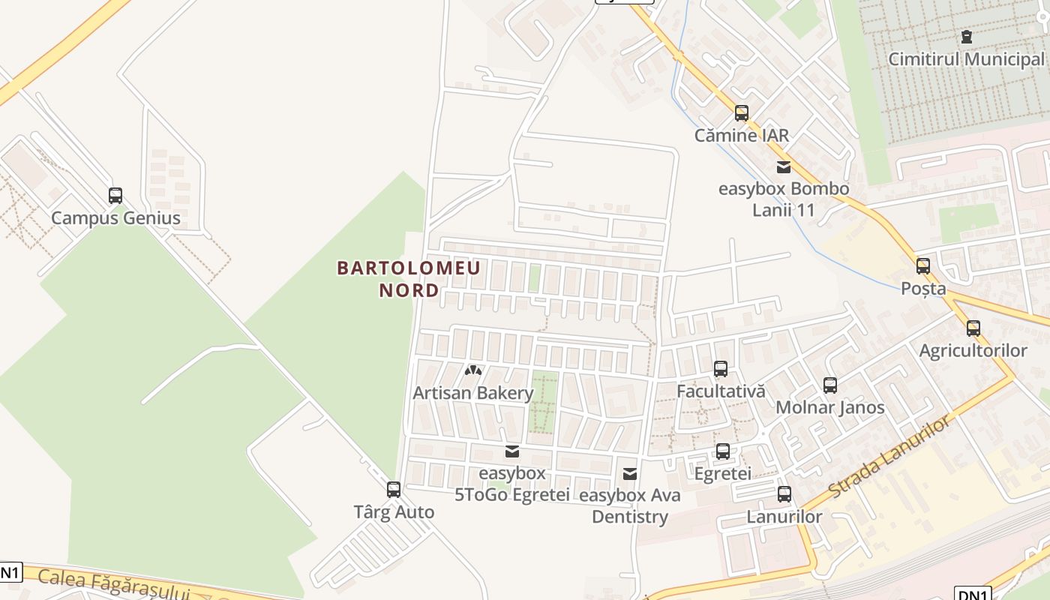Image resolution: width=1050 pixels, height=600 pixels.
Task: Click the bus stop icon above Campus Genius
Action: click(x=115, y=196)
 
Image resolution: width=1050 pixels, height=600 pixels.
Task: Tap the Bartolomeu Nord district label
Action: click(x=409, y=279)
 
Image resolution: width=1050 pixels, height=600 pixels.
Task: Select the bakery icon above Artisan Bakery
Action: click(x=472, y=370)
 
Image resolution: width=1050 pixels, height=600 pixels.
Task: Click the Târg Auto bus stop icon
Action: click(x=393, y=490)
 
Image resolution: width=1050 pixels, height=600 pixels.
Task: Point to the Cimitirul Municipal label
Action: click(x=966, y=59)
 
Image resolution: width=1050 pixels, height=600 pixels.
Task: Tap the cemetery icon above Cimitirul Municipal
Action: click(x=966, y=37)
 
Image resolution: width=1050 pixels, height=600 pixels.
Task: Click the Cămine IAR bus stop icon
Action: click(x=741, y=113)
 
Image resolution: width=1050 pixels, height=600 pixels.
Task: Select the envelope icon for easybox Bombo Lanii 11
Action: click(x=784, y=167)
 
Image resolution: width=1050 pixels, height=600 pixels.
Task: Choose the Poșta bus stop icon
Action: click(x=922, y=266)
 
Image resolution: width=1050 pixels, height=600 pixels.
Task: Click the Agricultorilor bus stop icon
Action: click(x=973, y=328)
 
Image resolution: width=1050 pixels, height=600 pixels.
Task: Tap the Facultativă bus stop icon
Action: click(x=720, y=369)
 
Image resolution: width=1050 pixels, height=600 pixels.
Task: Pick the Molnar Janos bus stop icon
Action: click(x=829, y=385)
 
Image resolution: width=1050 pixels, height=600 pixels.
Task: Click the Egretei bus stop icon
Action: click(x=722, y=451)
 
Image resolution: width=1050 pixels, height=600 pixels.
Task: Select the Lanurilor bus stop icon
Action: click(x=784, y=494)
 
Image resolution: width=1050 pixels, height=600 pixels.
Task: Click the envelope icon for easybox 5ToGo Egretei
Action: click(x=512, y=451)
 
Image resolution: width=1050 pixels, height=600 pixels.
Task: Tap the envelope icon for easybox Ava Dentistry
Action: click(x=630, y=474)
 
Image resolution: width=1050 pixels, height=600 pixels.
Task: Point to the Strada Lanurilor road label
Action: click(x=889, y=456)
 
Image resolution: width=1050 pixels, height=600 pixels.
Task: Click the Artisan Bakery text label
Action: click(x=472, y=393)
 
